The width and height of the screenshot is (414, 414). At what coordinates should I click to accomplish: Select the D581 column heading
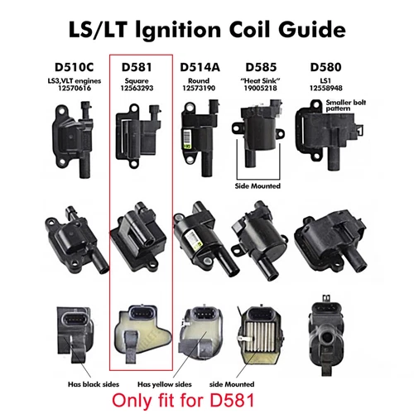[x=139, y=65]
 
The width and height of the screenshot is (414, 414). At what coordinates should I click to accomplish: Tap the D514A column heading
[x=197, y=65]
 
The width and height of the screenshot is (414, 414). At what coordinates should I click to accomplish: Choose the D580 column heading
[x=327, y=65]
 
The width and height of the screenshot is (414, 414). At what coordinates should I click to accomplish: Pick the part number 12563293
[x=139, y=89]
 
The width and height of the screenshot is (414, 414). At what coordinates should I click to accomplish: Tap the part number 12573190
[x=197, y=88]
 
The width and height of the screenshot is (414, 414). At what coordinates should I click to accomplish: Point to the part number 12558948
[x=327, y=88]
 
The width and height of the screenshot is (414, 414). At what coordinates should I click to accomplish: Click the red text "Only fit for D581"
[x=207, y=400]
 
